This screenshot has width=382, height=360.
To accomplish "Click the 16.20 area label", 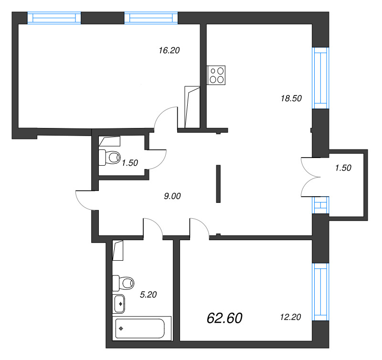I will (x=169, y=50).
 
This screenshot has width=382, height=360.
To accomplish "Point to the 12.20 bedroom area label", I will (x=290, y=317).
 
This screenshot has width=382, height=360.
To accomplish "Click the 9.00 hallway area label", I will (x=173, y=195).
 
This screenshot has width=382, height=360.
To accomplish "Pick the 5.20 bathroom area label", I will (x=148, y=295).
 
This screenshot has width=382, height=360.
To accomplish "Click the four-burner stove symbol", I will (x=216, y=75).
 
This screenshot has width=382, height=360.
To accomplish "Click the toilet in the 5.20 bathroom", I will (x=123, y=282).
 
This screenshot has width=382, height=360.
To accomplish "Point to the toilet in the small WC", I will (x=109, y=157).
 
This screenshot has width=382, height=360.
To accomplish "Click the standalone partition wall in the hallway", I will (x=218, y=184).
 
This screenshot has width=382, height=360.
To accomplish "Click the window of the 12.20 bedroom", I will (x=320, y=292).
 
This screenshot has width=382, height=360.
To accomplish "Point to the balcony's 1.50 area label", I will (x=343, y=168).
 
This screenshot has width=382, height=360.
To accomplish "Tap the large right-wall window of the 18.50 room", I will (x=320, y=78).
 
